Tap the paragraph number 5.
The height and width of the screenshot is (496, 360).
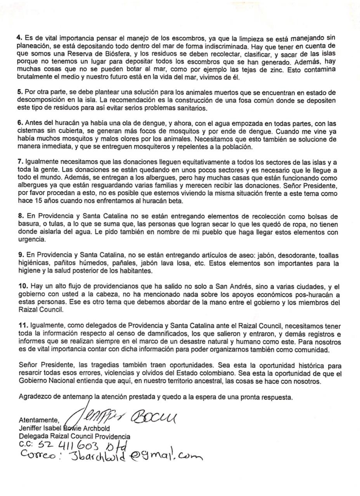(x=20, y=92)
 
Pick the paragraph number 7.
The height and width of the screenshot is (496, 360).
(x=20, y=162)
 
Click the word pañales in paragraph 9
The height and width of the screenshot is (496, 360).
(x=126, y=263)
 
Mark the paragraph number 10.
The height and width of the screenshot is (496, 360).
(x=22, y=286)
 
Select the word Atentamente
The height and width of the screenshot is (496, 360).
(x=39, y=420)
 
